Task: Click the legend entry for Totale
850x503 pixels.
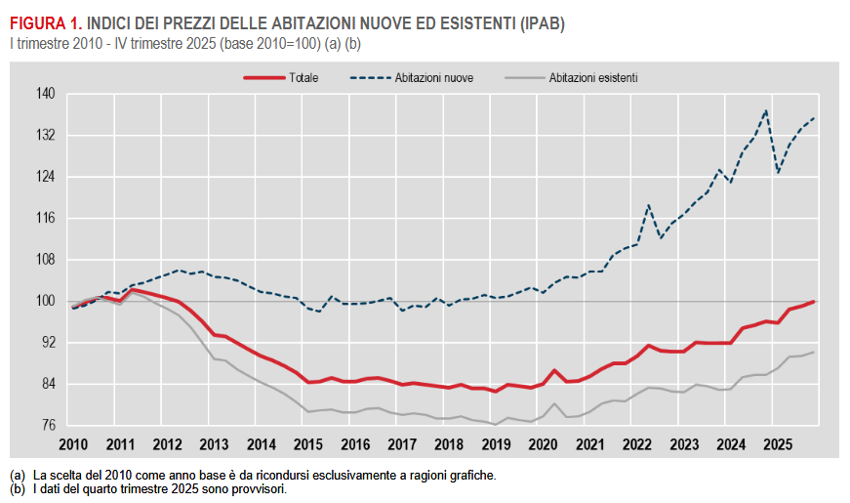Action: click(303, 77)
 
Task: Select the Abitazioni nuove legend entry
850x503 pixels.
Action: click(434, 77)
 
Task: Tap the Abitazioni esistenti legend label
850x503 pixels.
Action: click(593, 77)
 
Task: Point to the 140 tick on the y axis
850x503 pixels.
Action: click(47, 94)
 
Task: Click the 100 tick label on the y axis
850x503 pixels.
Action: click(47, 302)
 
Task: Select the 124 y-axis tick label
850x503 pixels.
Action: click(47, 177)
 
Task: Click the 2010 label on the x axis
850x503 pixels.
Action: click(73, 444)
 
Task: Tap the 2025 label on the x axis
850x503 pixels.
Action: click(778, 444)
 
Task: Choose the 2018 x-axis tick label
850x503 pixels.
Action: click(448, 444)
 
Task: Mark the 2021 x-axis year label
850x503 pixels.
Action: click(589, 444)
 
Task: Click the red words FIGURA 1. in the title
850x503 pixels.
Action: click(46, 22)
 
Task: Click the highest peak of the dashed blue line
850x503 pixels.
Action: click(766, 110)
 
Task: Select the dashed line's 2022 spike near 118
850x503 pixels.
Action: click(648, 205)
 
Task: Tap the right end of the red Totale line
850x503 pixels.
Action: click(814, 302)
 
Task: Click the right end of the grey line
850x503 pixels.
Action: click(814, 352)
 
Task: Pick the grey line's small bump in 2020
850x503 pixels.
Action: click(554, 403)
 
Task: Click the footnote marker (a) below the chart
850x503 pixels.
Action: click(17, 475)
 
